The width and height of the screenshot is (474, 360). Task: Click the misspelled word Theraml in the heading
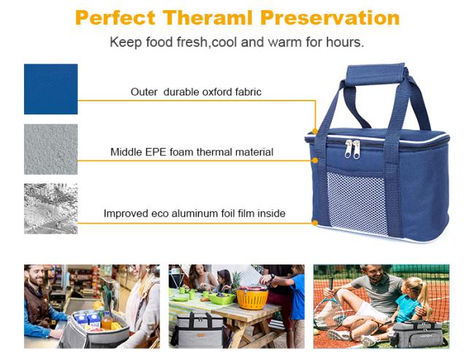tap(208, 17)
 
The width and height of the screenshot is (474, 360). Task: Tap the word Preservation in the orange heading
tap(330, 17)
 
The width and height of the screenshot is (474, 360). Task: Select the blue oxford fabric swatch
tap(51, 89)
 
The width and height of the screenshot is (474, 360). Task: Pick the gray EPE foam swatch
tap(51, 149)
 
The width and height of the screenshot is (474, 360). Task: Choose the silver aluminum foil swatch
tap(51, 208)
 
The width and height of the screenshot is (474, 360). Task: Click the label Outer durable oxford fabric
tap(196, 92)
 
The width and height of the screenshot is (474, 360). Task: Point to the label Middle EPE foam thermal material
tap(192, 152)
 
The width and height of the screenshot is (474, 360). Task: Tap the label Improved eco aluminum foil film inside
tap(195, 214)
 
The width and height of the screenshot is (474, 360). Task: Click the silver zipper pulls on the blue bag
tap(352, 149)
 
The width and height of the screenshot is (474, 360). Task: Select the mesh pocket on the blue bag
tap(357, 203)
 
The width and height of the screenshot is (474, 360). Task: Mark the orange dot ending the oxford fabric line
tap(315, 131)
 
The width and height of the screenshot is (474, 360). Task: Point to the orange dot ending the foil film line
tap(315, 223)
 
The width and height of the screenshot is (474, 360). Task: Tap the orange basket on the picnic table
tap(252, 298)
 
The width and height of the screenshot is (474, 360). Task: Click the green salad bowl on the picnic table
tap(222, 298)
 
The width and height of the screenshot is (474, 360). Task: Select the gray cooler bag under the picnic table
tap(198, 330)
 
